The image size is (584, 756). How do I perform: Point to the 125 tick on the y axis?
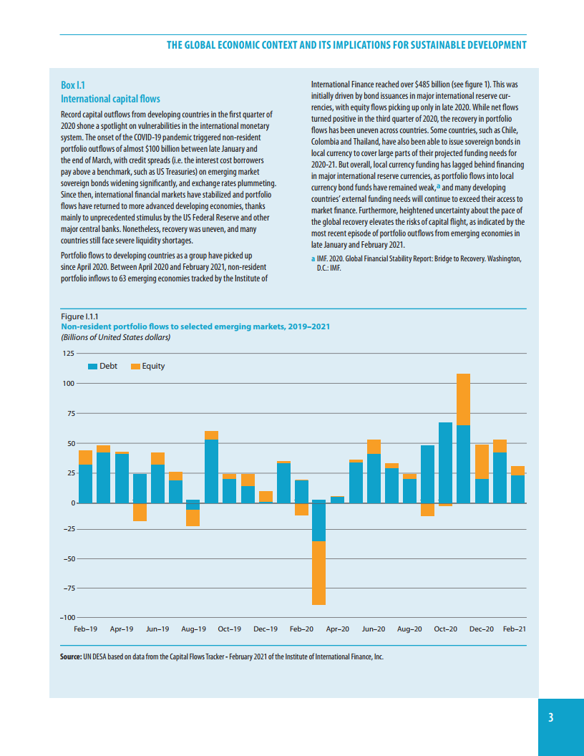[x=68, y=354]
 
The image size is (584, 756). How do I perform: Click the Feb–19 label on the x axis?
[x=85, y=629]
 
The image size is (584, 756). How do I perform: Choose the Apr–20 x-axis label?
[x=338, y=629]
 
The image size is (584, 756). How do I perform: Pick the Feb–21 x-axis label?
[x=515, y=629]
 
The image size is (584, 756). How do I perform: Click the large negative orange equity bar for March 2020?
[x=319, y=573]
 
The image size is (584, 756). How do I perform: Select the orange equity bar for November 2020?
[x=463, y=399]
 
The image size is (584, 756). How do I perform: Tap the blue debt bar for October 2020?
[x=445, y=462]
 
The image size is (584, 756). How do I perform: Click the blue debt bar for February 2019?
[x=85, y=484]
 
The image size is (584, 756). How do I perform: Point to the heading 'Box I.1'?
[x=73, y=86]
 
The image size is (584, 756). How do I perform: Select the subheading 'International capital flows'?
[x=110, y=99]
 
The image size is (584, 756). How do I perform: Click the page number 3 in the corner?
[x=550, y=718]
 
